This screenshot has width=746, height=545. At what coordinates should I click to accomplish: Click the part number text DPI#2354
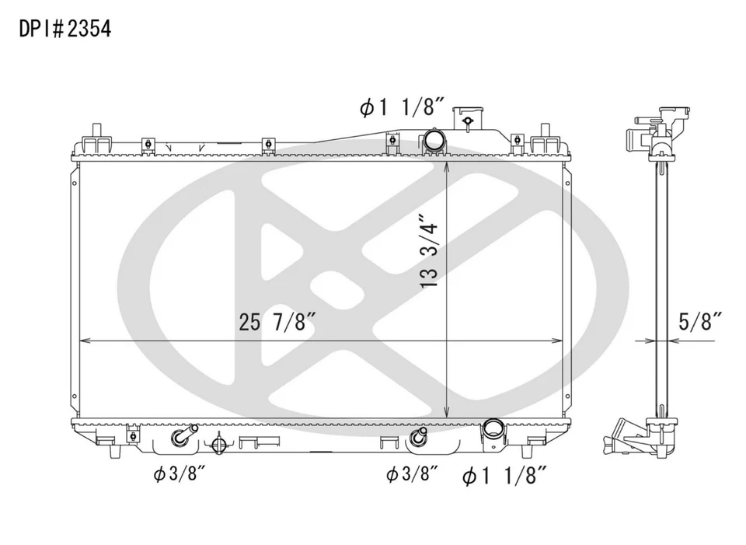click(x=64, y=29)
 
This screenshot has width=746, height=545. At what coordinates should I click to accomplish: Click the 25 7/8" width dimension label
click(x=278, y=322)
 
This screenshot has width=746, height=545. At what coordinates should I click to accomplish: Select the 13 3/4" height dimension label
click(x=429, y=251)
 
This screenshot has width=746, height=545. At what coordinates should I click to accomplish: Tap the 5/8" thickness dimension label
click(x=700, y=322)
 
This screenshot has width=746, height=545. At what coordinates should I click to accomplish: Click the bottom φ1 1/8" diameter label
click(x=504, y=476)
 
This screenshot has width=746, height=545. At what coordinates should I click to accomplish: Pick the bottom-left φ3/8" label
click(x=180, y=473)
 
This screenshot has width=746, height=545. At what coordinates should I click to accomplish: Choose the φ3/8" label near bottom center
click(x=412, y=473)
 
